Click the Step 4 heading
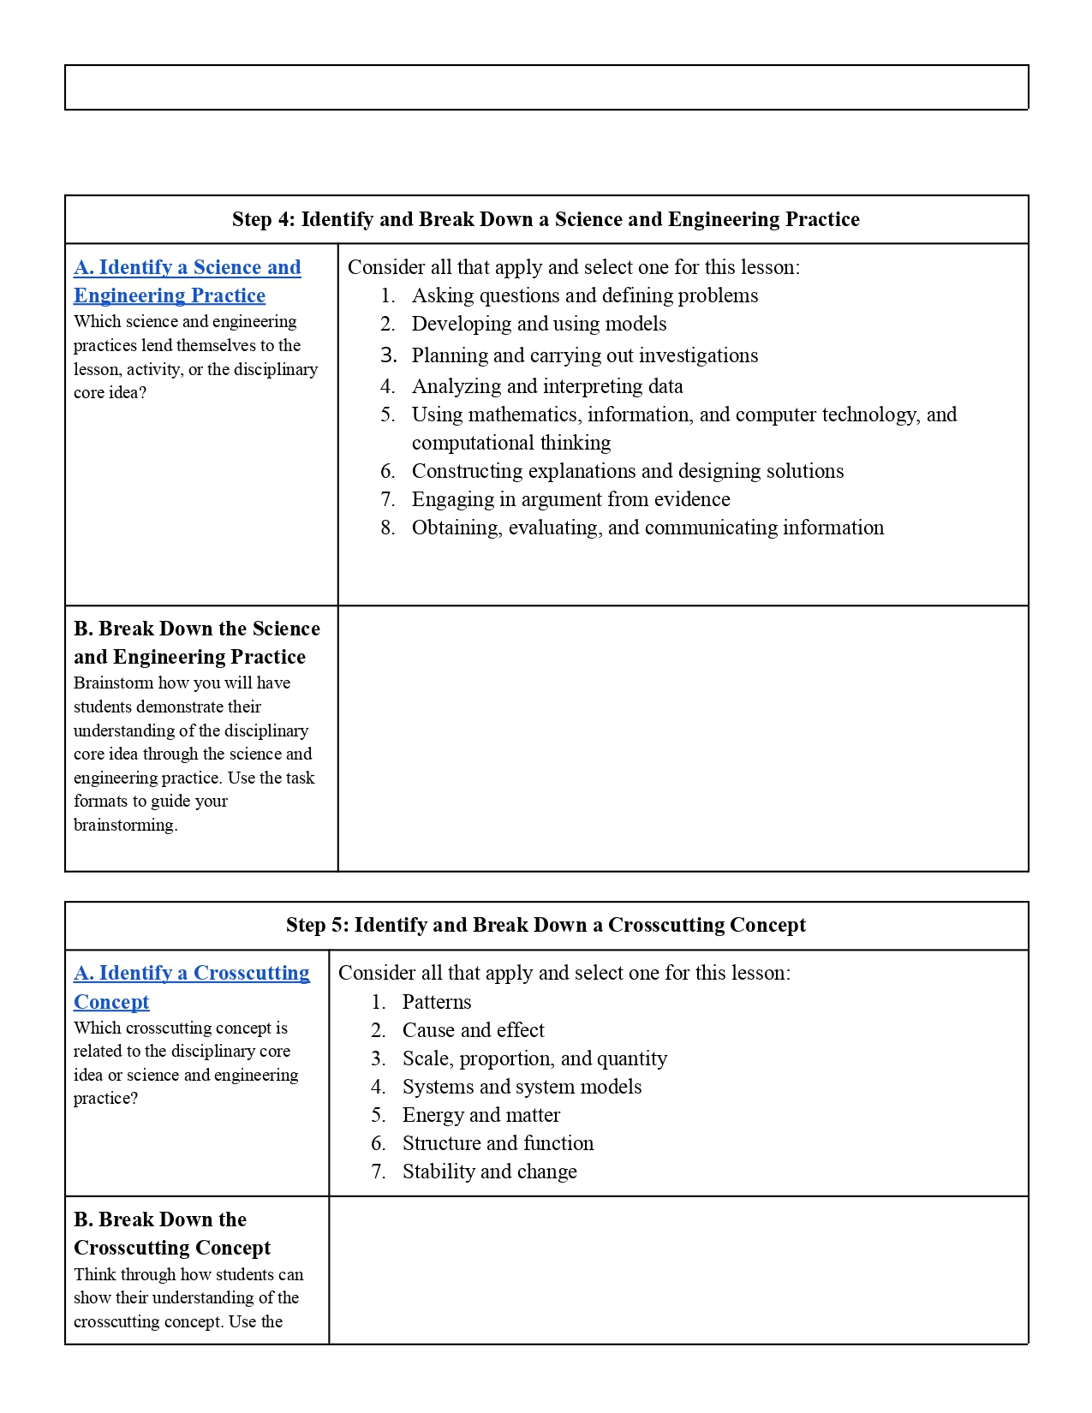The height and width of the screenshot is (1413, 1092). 546,219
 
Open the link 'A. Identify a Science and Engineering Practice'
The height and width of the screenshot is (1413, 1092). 187,281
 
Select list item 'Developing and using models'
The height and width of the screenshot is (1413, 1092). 539,324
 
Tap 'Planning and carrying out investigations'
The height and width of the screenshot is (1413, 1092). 584,355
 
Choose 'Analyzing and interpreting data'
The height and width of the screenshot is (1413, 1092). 547,386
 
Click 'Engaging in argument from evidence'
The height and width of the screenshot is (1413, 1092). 570,499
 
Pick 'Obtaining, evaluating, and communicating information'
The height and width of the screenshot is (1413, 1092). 647,528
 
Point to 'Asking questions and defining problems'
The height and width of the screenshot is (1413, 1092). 584,295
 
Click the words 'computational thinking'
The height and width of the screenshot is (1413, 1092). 511,443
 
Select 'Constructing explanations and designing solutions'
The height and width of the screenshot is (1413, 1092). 627,471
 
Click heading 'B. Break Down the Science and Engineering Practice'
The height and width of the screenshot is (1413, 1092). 196,642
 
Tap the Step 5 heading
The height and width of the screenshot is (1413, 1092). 546,925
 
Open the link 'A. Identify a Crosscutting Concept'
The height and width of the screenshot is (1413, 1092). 191,987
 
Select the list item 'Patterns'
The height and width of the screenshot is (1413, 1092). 437,1002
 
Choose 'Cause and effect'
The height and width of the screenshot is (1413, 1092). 473,1030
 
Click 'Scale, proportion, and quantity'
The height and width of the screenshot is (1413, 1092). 534,1058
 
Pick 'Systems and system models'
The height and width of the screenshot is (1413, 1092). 522,1087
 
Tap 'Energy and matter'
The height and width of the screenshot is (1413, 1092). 480,1115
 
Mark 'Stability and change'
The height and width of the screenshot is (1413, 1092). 489,1172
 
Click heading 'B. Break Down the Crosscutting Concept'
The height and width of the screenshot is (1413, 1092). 171,1233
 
